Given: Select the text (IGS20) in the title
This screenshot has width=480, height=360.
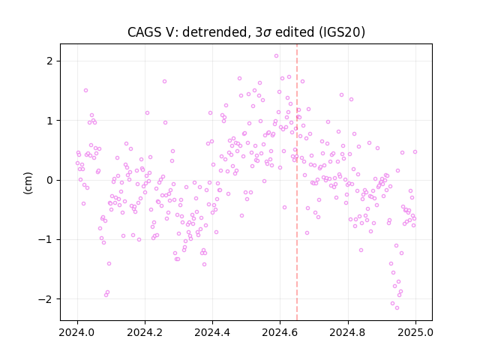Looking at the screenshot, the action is pyautogui.click(x=342, y=32).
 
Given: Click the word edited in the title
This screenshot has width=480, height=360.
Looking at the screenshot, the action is pyautogui.click(x=295, y=32).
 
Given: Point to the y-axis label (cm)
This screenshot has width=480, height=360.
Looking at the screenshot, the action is pyautogui.click(x=28, y=183).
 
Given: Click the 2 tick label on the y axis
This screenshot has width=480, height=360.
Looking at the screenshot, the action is pyautogui.click(x=49, y=61).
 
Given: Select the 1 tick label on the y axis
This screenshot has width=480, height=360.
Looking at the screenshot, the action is pyautogui.click(x=49, y=121).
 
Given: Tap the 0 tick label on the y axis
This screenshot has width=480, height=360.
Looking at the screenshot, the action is pyautogui.click(x=49, y=180).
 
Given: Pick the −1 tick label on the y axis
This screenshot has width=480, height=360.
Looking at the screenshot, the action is pyautogui.click(x=46, y=239).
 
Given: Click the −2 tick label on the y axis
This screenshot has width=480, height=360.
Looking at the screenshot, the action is pyautogui.click(x=46, y=298).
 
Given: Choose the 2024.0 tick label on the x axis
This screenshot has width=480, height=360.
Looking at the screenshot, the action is pyautogui.click(x=77, y=332).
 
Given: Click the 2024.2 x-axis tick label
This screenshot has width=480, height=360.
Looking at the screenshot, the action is pyautogui.click(x=145, y=332).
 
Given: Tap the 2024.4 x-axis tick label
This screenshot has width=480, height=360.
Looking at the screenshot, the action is pyautogui.click(x=212, y=332).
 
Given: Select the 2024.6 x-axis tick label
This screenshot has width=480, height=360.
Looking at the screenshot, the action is pyautogui.click(x=280, y=332).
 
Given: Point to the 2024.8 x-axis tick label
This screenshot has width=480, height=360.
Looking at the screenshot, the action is pyautogui.click(x=348, y=332).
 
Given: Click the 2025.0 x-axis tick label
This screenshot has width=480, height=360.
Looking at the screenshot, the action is pyautogui.click(x=415, y=332).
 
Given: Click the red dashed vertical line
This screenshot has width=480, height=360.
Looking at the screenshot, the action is pyautogui.click(x=297, y=182).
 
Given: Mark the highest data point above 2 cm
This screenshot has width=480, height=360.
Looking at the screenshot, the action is pyautogui.click(x=277, y=56).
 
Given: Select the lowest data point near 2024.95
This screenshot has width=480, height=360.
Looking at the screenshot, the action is pyautogui.click(x=397, y=308).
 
